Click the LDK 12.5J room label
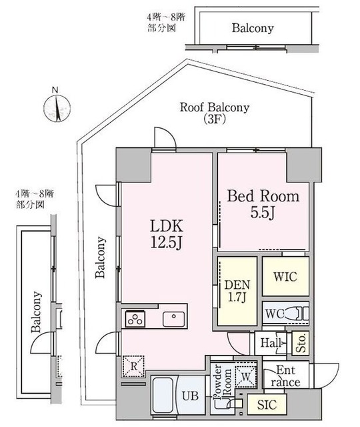click(167, 234)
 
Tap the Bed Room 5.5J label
click(263, 203)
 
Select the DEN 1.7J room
click(237, 291)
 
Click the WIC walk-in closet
click(285, 276)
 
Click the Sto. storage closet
click(301, 343)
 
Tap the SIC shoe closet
click(267, 405)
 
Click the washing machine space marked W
click(246, 377)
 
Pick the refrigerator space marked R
click(133, 366)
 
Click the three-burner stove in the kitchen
click(135, 319)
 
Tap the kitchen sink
click(173, 319)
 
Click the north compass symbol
click(57, 107)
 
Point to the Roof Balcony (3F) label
click(215, 113)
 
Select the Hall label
click(270, 342)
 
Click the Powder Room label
click(223, 381)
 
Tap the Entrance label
click(285, 376)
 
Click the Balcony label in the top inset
click(253, 28)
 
